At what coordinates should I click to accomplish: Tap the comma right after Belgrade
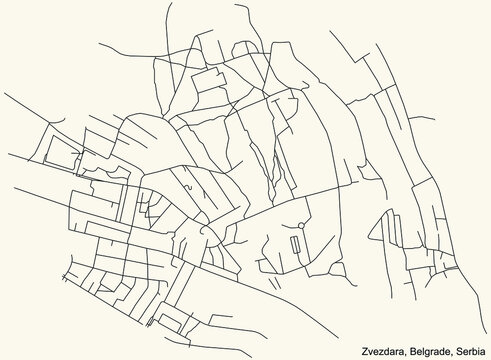point(451,349)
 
